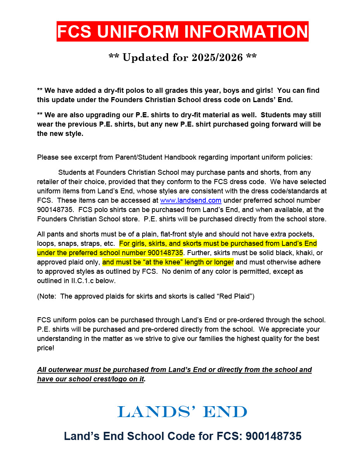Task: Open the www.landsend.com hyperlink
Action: click(x=191, y=200)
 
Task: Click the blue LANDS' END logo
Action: click(x=182, y=412)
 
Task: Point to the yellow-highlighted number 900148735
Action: click(x=165, y=253)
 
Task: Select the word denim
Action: click(x=182, y=271)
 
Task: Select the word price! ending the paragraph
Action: click(x=46, y=348)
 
